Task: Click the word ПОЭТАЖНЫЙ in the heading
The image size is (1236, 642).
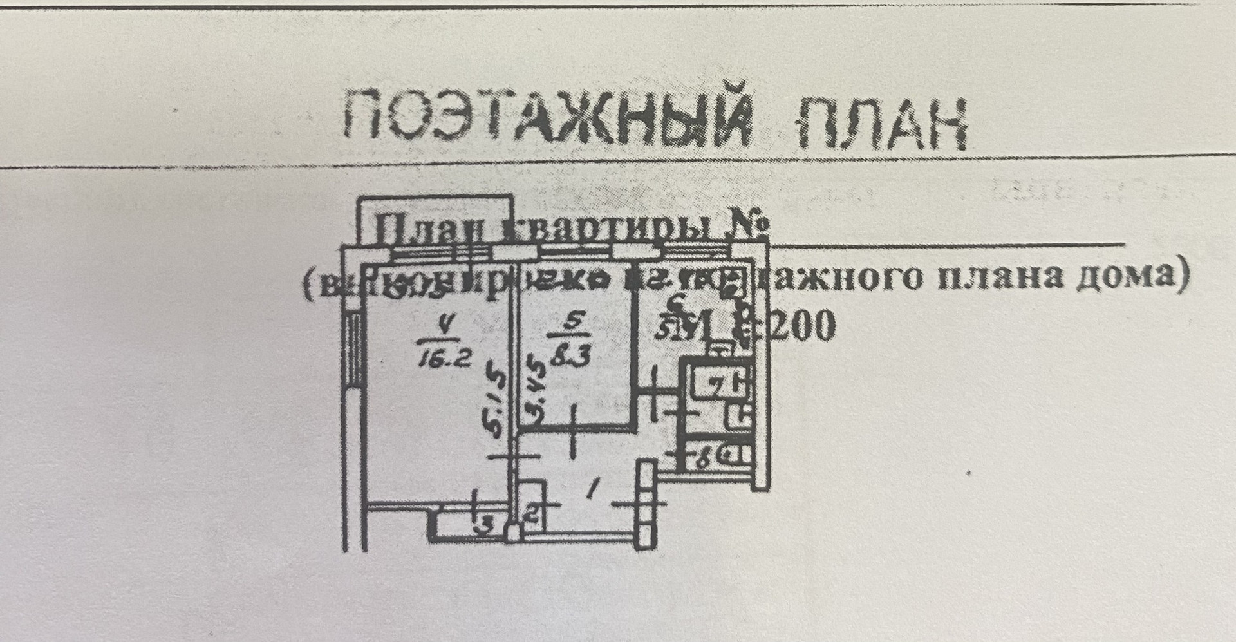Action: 547,119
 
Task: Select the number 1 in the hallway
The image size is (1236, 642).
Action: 590,491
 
